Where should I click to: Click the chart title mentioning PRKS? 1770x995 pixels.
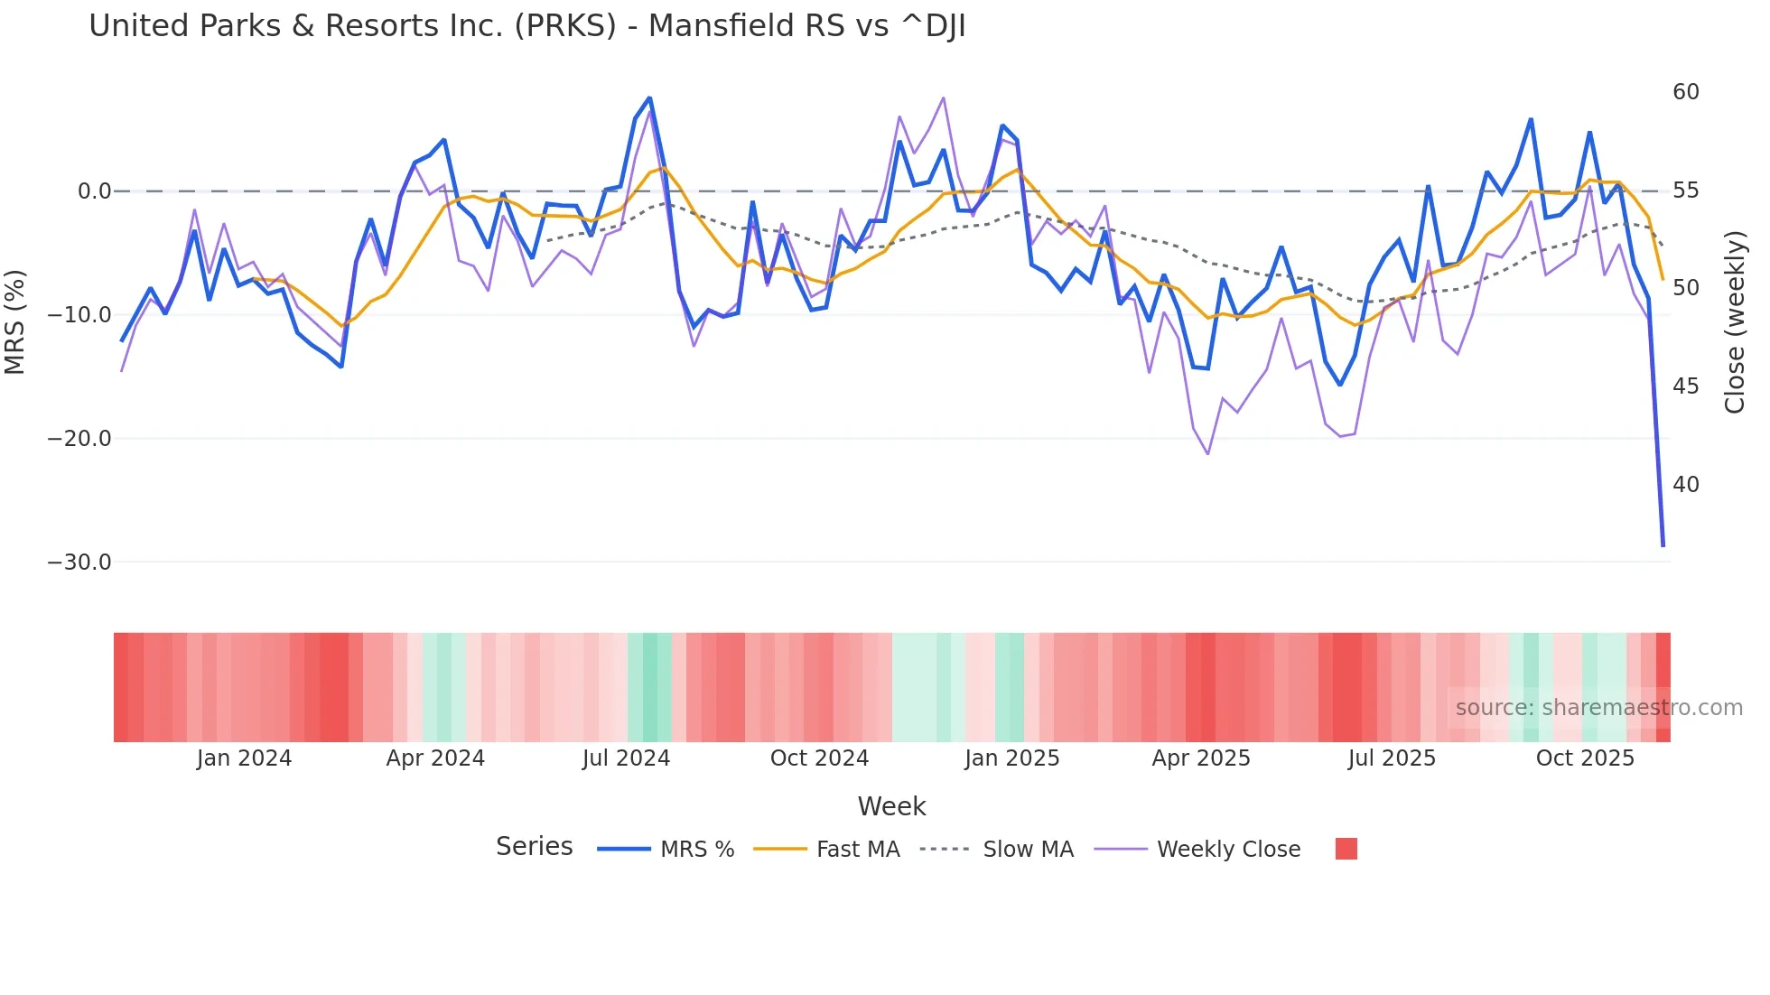coord(526,26)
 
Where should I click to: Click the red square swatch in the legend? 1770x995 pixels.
coord(1346,849)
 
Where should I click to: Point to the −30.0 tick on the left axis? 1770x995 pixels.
coord(79,563)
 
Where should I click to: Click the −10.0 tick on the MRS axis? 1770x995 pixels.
coord(79,315)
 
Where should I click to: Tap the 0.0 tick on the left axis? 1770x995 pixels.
coord(94,191)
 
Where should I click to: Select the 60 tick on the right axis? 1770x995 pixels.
coord(1685,92)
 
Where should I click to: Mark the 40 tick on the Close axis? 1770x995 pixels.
coord(1685,485)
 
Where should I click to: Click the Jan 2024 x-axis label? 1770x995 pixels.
coord(244,758)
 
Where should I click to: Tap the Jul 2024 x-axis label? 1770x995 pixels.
coord(626,758)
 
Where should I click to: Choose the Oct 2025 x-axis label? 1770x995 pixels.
coord(1585,758)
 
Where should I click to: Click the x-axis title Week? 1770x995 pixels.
coord(891,806)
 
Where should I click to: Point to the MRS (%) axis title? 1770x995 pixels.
coord(15,322)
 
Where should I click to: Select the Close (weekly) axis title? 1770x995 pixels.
coord(1734,322)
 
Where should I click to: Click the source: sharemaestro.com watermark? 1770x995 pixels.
coord(1598,708)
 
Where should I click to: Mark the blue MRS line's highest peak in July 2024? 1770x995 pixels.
coord(649,98)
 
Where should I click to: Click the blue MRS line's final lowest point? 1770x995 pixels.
coord(1663,545)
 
